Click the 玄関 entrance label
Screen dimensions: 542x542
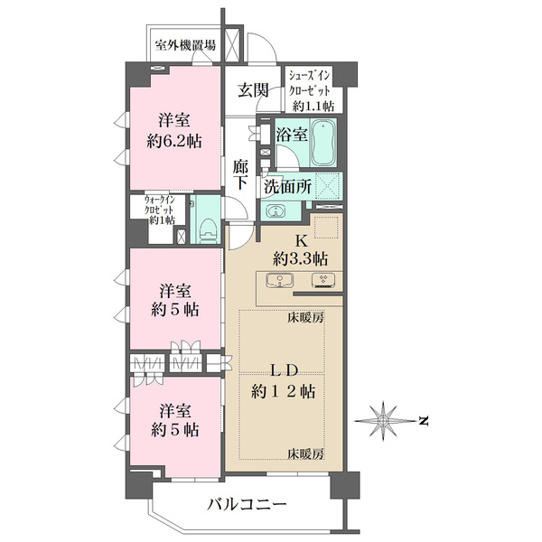[255, 89]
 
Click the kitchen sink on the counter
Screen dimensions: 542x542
[283, 280]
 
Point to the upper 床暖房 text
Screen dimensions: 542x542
[307, 319]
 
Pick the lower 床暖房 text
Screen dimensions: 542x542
[307, 453]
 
